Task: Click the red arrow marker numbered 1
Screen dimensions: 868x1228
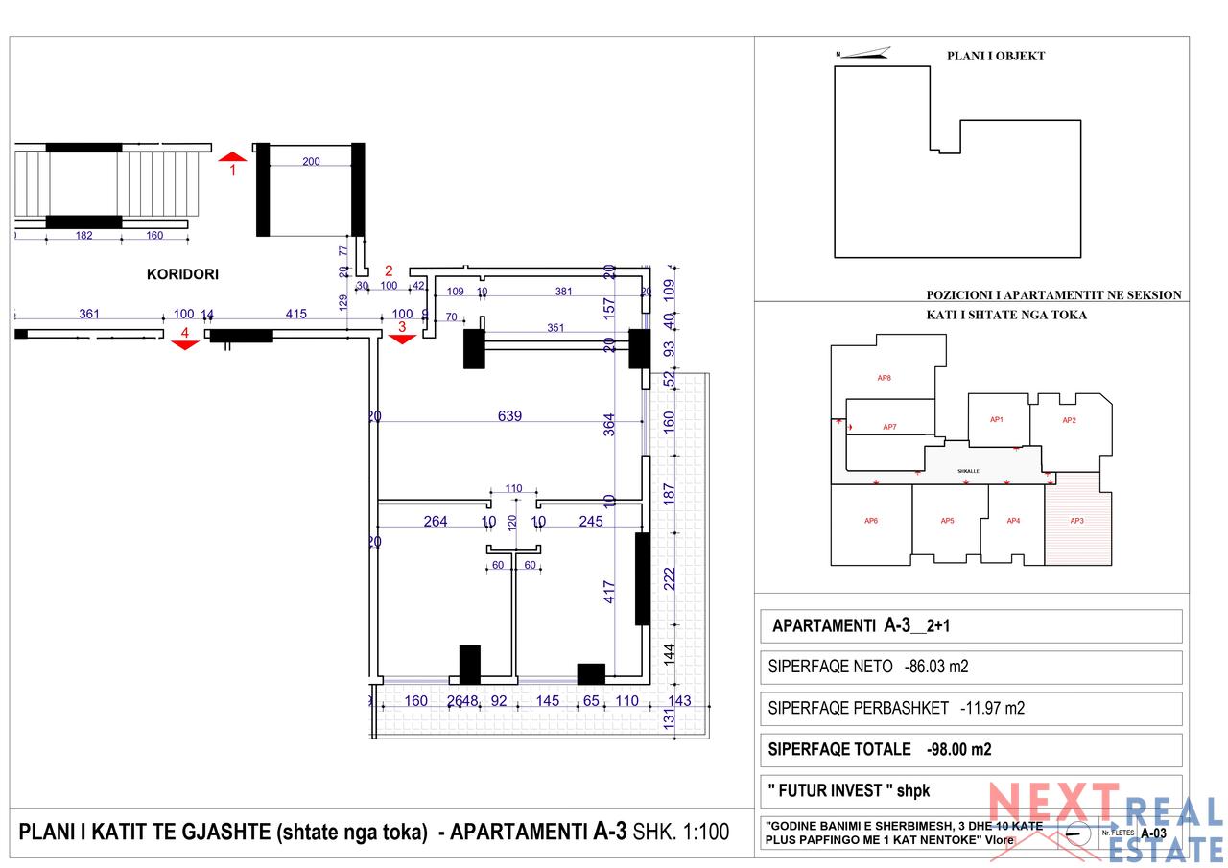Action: point(232,156)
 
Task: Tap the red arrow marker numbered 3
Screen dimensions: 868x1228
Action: point(402,337)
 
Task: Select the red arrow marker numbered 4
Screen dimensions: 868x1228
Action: point(184,344)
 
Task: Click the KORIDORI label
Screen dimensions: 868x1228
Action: point(182,274)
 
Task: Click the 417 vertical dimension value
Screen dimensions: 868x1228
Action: point(609,589)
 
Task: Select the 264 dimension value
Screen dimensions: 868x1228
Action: point(436,522)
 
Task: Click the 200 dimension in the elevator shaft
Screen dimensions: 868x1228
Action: point(311,162)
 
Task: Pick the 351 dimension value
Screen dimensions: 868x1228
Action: point(555,328)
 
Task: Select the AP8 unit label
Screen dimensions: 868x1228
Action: point(884,378)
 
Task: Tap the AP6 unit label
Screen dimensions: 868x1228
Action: point(870,521)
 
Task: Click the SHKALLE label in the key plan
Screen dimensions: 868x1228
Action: point(968,472)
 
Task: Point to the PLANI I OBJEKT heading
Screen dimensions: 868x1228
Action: point(996,56)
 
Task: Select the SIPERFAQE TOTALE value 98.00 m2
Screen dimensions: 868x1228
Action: point(958,750)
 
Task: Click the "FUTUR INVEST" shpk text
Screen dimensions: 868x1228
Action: point(849,791)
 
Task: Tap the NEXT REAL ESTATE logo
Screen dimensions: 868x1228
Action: point(1103,820)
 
